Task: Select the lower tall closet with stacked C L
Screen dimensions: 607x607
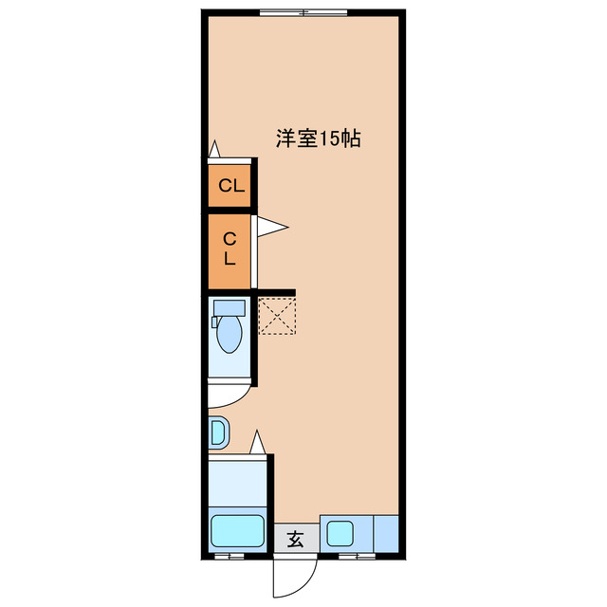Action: (x=230, y=248)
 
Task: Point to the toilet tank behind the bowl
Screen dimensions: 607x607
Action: (x=228, y=308)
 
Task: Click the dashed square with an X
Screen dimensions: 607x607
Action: (x=277, y=315)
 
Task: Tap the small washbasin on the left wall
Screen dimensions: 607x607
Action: (x=217, y=432)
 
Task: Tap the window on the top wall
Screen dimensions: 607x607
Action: (x=303, y=11)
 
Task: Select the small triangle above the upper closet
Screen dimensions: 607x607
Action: (x=215, y=149)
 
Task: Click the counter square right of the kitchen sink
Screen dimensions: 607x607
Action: (x=387, y=531)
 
